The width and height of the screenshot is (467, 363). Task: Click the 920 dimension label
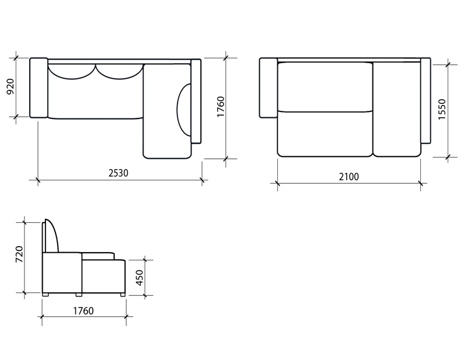tap(11, 86)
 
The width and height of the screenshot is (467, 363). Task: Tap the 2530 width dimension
tap(119, 173)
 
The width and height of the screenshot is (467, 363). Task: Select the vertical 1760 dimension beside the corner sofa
tap(221, 106)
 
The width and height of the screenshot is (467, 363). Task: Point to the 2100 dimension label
tap(348, 177)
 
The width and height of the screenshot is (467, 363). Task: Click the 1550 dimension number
tap(442, 110)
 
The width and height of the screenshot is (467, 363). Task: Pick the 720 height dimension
tap(19, 254)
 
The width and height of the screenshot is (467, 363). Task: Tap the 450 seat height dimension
tap(140, 278)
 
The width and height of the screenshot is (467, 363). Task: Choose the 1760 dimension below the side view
tap(83, 311)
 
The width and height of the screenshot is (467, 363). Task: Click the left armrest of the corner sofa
tap(39, 88)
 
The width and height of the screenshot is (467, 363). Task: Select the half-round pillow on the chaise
tap(184, 110)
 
